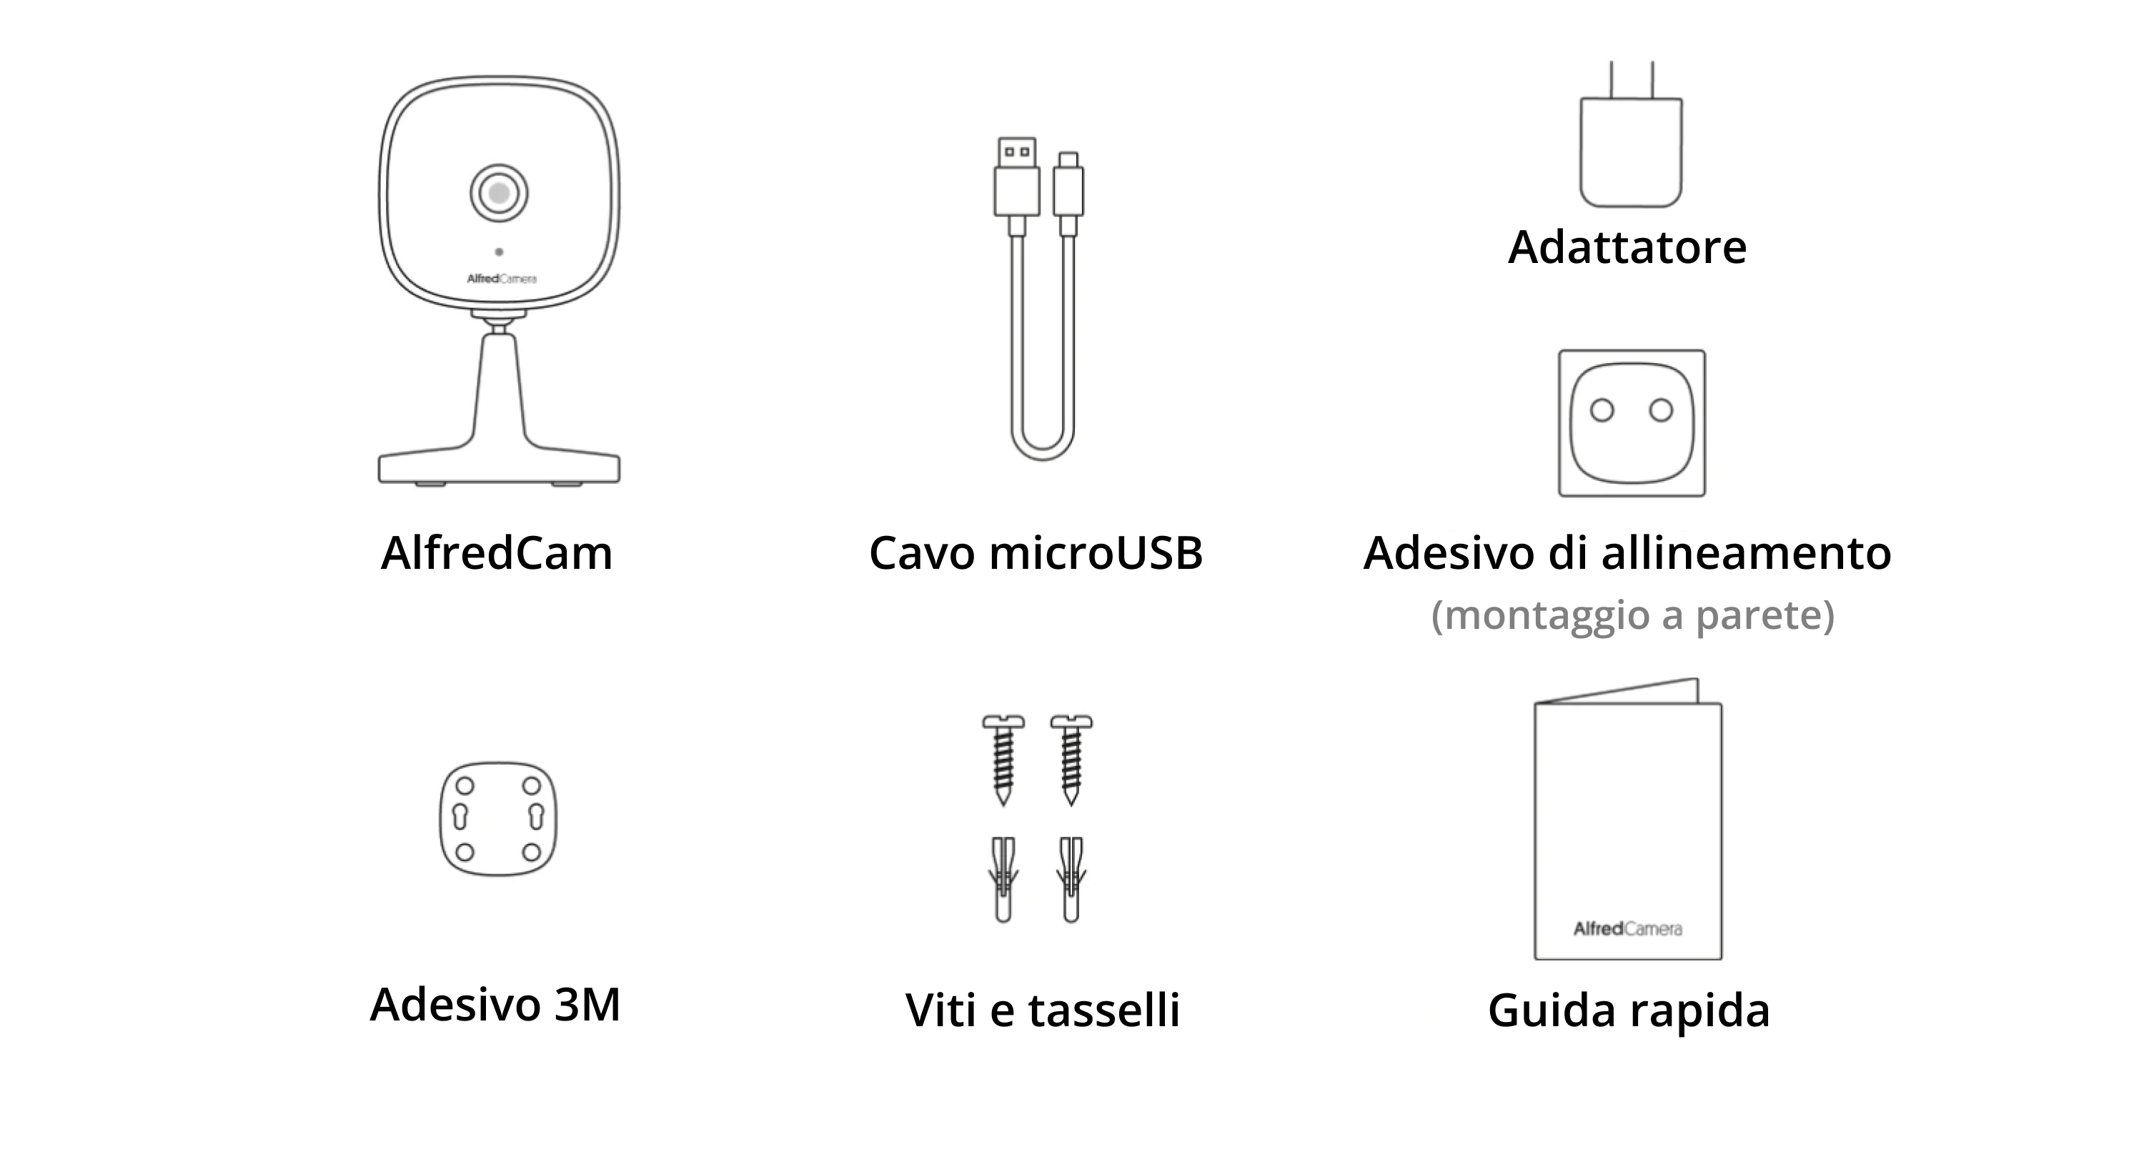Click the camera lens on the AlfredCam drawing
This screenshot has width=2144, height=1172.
pyautogui.click(x=499, y=193)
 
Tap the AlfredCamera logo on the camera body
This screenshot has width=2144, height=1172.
pyautogui.click(x=501, y=279)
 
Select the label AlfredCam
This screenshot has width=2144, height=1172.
pyautogui.click(x=497, y=552)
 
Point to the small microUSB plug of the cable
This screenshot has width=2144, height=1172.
pyautogui.click(x=1068, y=187)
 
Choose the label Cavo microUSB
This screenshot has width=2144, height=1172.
pyautogui.click(x=1036, y=552)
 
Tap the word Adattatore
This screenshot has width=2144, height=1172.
pyautogui.click(x=1627, y=247)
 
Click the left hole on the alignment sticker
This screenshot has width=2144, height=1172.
pyautogui.click(x=1602, y=410)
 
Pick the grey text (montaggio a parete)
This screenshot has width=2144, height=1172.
pyautogui.click(x=1632, y=615)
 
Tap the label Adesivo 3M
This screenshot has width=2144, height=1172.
pyautogui.click(x=495, y=1004)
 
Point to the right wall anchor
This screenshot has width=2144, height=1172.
pyautogui.click(x=1071, y=879)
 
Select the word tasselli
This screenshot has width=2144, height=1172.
pyautogui.click(x=1103, y=1010)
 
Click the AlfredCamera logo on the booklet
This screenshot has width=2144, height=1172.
pyautogui.click(x=1627, y=929)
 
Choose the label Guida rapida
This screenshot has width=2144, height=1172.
pyautogui.click(x=1628, y=1010)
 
